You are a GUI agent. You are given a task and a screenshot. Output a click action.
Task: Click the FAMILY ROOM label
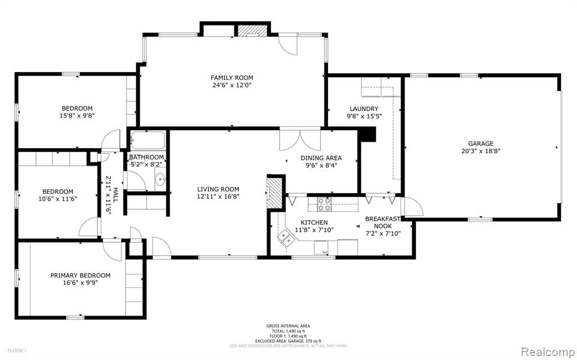pos(232,78)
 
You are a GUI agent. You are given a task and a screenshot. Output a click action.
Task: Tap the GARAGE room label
pos(480,144)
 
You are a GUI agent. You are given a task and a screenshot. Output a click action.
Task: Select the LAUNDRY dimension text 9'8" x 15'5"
pos(364,117)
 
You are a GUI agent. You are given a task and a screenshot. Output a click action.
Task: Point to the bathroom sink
pos(159,180)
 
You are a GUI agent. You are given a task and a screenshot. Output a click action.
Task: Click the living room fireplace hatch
pos(274,191)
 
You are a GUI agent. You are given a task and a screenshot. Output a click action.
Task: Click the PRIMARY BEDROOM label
pos(80,275)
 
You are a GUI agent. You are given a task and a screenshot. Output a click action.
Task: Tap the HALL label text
pos(116,195)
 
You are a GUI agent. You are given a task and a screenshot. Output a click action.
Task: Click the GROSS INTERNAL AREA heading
pos(288,326)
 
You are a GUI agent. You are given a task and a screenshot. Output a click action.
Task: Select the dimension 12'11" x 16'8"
pos(218,197)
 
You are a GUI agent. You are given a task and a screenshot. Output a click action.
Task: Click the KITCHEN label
pos(314,223)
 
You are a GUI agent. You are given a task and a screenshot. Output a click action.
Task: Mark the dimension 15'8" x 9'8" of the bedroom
pos(77,116)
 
